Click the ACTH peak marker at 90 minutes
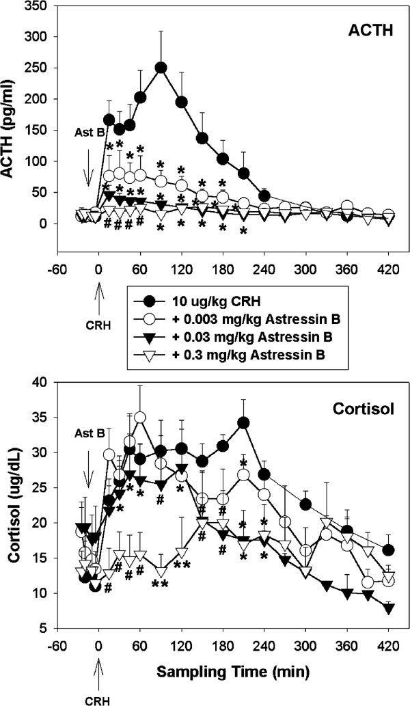click(161, 68)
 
